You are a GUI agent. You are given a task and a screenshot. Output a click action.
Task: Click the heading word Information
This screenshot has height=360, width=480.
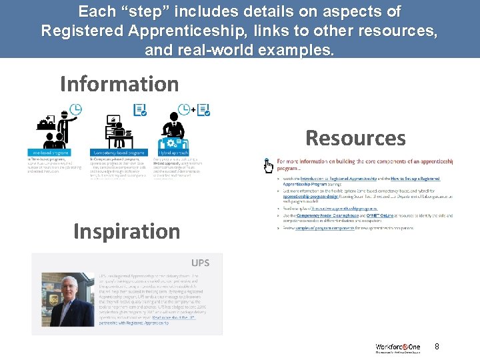point(119,85)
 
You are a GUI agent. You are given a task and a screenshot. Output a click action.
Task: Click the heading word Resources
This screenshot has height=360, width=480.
point(355,138)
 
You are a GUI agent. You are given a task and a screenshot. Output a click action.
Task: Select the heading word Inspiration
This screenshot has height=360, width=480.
point(127,231)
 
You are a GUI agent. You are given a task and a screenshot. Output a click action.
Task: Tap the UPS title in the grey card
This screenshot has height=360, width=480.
point(201,263)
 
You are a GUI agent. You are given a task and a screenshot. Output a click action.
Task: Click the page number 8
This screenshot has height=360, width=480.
point(437,347)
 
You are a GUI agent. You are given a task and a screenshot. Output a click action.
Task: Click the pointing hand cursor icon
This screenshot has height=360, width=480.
point(268,165)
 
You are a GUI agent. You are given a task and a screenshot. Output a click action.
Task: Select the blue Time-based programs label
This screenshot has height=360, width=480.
point(48,152)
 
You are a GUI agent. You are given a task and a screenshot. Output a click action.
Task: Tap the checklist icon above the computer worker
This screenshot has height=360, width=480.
point(140,110)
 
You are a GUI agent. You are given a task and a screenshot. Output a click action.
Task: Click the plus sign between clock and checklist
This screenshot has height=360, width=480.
point(193,109)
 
